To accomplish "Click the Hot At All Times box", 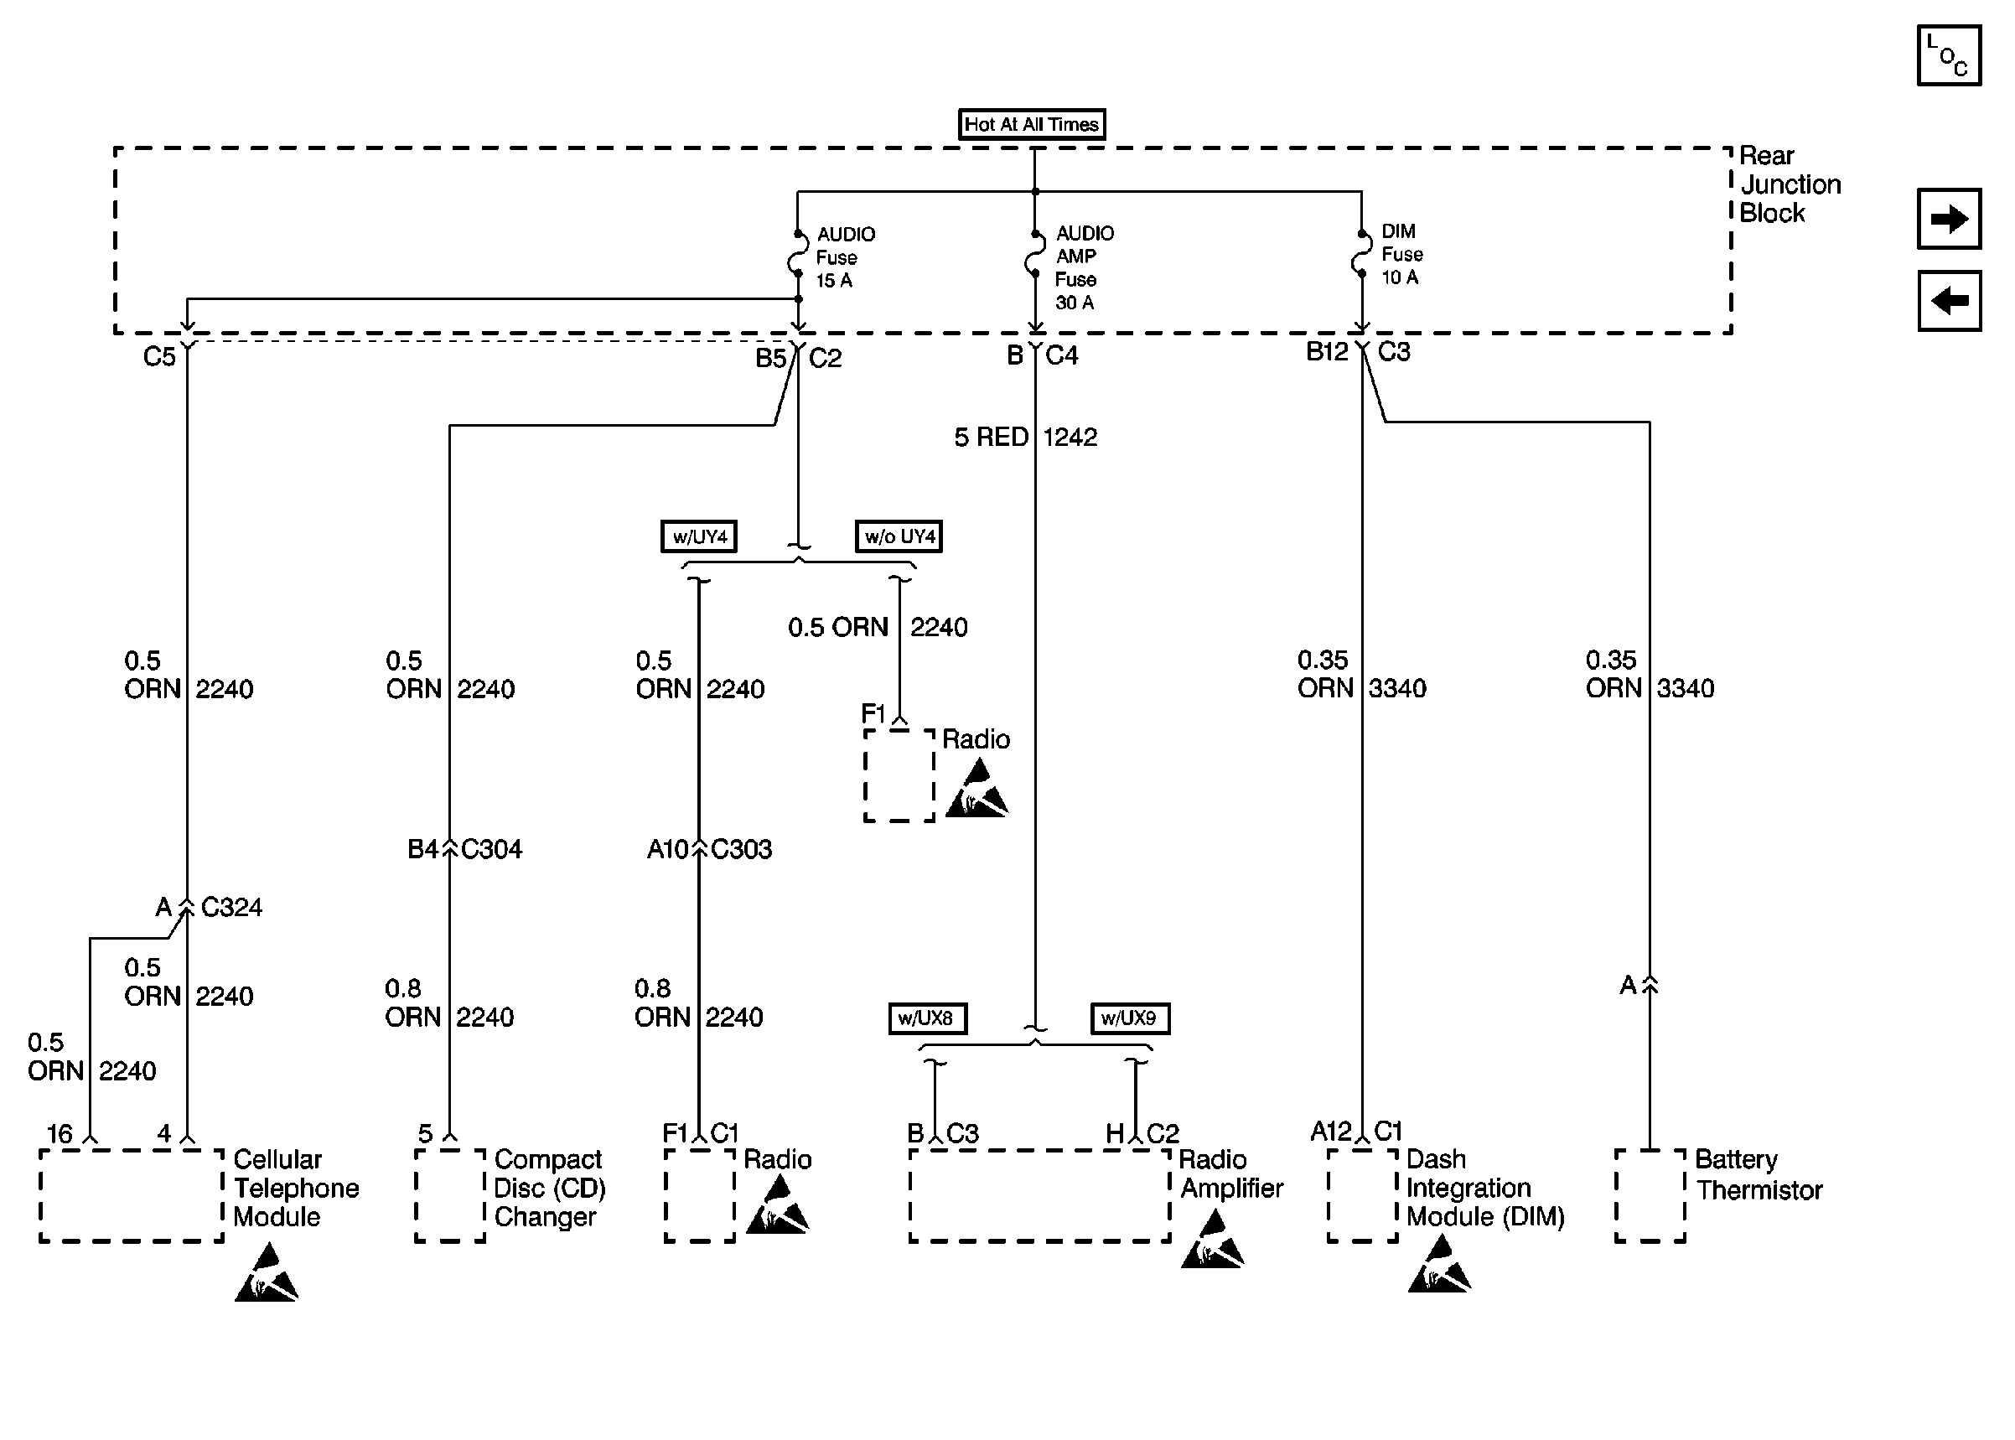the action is click(1031, 124).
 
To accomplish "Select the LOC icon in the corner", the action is click(1948, 55).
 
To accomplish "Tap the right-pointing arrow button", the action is click(1948, 218).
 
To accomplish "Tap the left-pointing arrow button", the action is click(1948, 301).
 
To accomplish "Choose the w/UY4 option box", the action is click(698, 536).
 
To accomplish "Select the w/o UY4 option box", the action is click(898, 536).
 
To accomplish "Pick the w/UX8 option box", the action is click(927, 1018).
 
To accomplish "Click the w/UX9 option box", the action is click(1129, 1018).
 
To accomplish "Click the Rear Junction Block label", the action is click(1789, 184).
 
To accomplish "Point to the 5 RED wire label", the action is click(990, 438).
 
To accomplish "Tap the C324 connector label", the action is click(231, 907).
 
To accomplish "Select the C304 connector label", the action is click(491, 849).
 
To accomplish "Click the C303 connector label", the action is click(741, 849).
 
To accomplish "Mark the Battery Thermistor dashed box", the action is click(1650, 1195).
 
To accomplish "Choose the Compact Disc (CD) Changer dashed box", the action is click(450, 1195).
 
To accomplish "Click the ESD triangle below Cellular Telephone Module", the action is click(266, 1273).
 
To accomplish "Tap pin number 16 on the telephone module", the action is click(60, 1134).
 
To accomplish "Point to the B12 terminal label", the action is click(1327, 352).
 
